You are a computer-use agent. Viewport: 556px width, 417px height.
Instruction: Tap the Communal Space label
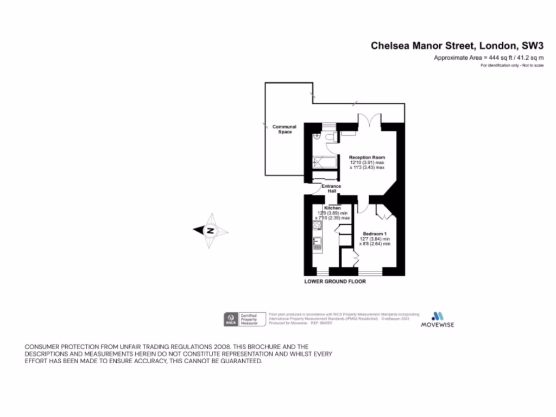click(x=285, y=129)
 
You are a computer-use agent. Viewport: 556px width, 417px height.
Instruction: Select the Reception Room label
click(x=367, y=157)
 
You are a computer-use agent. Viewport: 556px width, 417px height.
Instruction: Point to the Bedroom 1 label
click(x=375, y=233)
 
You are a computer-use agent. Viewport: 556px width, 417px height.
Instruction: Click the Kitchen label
click(x=332, y=208)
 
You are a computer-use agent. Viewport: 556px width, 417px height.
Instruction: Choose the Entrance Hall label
click(x=331, y=188)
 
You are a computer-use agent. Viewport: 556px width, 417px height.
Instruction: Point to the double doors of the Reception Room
click(x=369, y=120)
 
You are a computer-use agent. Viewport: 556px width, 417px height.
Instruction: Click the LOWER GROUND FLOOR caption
click(x=335, y=282)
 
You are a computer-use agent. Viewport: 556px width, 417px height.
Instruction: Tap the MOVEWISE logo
click(x=438, y=320)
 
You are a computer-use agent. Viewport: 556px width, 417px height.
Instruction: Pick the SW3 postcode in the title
click(x=533, y=46)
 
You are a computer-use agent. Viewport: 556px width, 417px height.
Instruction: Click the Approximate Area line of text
click(x=489, y=58)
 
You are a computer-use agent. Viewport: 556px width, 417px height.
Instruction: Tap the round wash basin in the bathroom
click(x=317, y=135)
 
